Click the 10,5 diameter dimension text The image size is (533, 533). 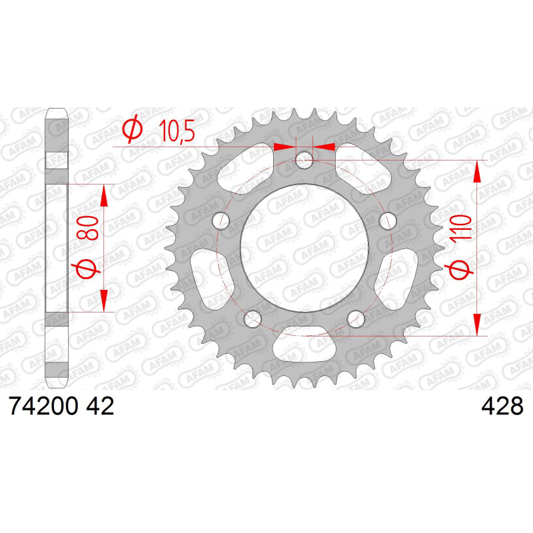[x=177, y=131]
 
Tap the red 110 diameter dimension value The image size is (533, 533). [x=461, y=227]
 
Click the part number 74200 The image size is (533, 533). [x=44, y=406]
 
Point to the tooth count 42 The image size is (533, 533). [x=100, y=406]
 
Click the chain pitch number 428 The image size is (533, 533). [x=502, y=406]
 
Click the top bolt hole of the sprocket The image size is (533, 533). [x=304, y=160]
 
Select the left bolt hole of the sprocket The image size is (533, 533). [x=221, y=221]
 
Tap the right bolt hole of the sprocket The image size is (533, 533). [x=388, y=221]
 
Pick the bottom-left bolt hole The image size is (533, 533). [x=253, y=320]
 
